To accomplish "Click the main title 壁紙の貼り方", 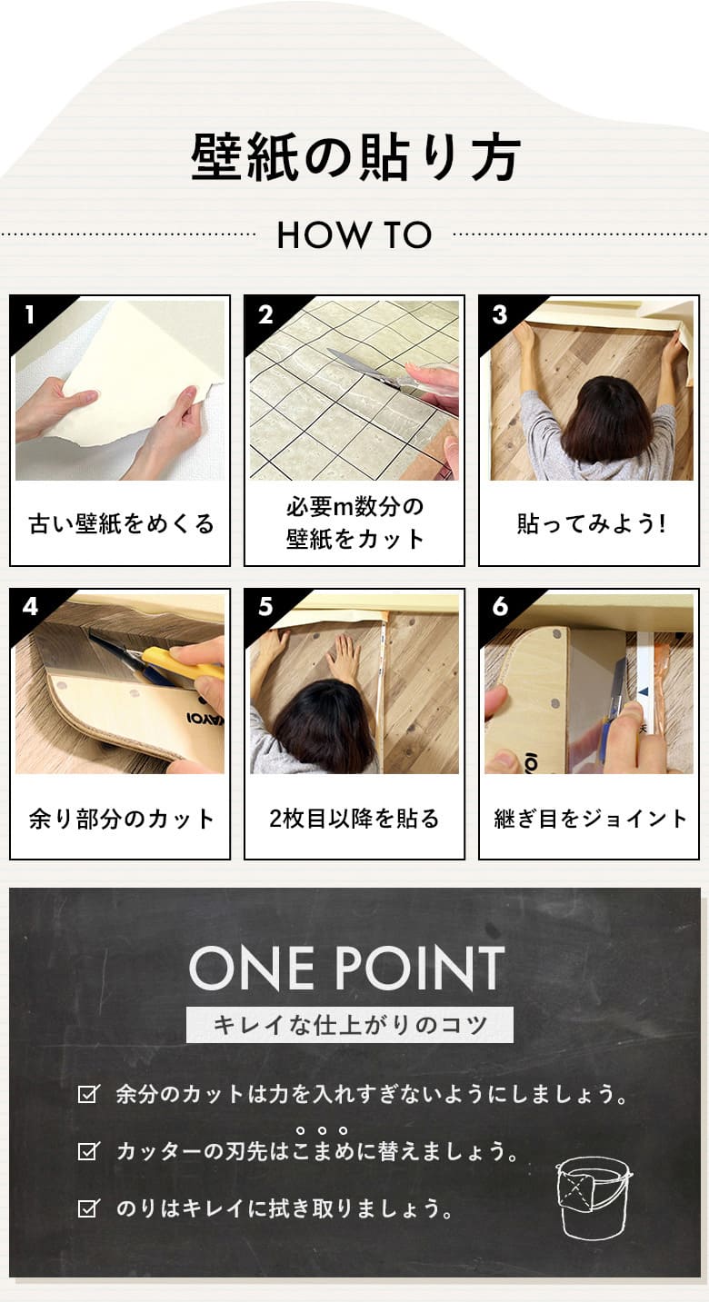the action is (354, 157).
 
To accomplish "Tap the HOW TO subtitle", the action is (354, 235).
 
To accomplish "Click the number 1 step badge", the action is (30, 315).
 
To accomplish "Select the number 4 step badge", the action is (30, 608).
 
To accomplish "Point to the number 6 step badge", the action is (500, 607).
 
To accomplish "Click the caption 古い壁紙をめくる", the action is (122, 523).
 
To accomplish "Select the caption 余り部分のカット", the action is (122, 819).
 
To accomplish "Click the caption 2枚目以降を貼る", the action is (354, 819).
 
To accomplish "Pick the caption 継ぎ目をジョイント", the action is (590, 819).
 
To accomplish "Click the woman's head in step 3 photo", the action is (600, 418).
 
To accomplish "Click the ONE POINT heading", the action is (346, 968).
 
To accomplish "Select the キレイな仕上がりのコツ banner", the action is (350, 1024).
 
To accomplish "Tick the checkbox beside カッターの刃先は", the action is (89, 1150).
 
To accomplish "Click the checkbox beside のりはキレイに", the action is (89, 1208).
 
